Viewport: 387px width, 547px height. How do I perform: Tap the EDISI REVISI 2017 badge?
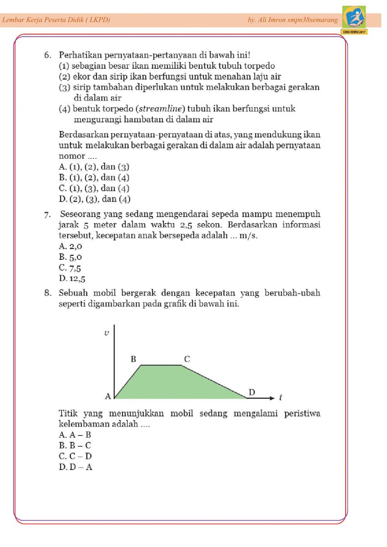click(354, 32)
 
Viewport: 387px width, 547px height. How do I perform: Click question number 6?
click(48, 55)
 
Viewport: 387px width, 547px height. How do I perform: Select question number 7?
click(48, 214)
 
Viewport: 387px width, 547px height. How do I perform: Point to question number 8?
click(48, 293)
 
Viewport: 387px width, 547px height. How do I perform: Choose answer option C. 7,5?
click(70, 268)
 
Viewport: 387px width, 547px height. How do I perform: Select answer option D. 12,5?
click(72, 278)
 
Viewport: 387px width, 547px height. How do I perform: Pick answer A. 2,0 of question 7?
click(70, 246)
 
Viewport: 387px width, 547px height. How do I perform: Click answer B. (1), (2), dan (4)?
click(94, 178)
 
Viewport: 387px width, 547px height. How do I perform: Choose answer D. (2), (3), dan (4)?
click(95, 199)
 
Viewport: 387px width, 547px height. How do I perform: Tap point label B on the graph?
click(134, 359)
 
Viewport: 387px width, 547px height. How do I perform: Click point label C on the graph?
click(187, 359)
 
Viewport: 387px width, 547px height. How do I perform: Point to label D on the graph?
click(252, 393)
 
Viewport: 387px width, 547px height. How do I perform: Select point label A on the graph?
click(108, 396)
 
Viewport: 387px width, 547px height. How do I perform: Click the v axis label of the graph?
click(106, 333)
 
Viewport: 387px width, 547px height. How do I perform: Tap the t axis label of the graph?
click(281, 398)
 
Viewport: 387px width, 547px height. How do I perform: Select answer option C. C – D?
click(75, 456)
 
